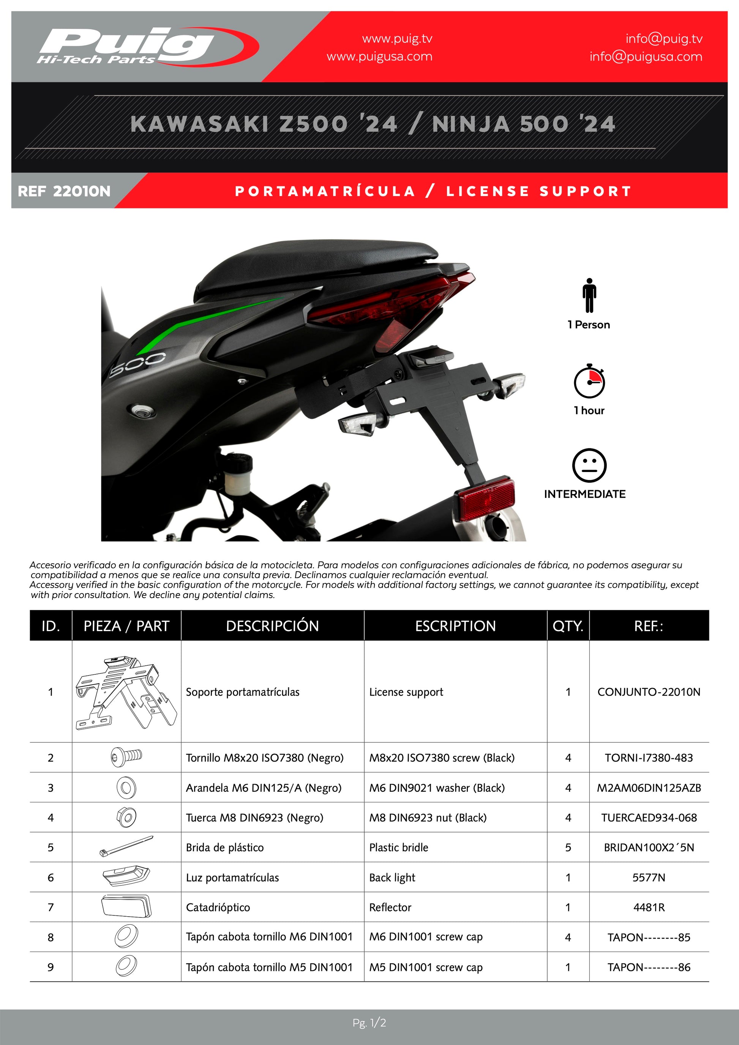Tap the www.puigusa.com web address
[379, 57]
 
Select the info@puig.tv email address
[663, 39]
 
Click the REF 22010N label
[64, 191]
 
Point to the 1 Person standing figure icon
[589, 295]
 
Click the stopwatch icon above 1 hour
[589, 381]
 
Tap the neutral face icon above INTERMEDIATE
[589, 466]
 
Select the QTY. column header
[567, 626]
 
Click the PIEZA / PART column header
[126, 626]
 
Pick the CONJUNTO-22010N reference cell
[649, 692]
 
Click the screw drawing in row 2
[126, 757]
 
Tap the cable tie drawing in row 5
[126, 846]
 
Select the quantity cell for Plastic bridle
[567, 848]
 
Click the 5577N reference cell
[649, 878]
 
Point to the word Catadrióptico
[218, 907]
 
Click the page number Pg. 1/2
[369, 1023]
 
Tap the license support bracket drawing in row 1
[126, 692]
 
